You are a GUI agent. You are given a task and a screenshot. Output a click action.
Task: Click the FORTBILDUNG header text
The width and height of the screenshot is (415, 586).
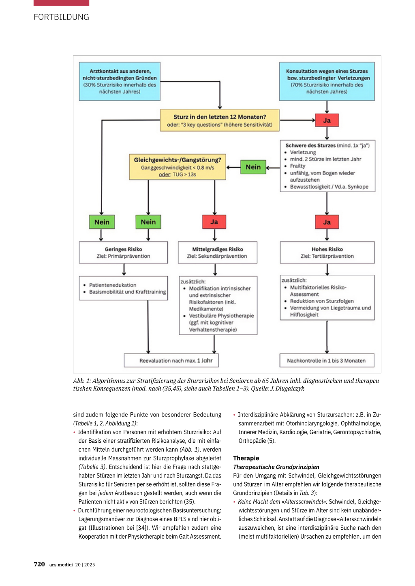click(x=61, y=17)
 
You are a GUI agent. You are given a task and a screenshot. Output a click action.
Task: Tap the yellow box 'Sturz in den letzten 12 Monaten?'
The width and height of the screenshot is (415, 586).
click(x=220, y=120)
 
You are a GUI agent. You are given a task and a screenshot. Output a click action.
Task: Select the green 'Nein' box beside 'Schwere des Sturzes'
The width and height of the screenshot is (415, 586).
click(x=253, y=167)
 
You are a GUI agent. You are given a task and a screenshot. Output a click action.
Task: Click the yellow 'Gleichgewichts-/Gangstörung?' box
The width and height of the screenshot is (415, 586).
click(x=178, y=167)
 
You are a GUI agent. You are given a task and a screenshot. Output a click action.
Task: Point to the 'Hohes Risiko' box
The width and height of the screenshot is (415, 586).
click(x=327, y=253)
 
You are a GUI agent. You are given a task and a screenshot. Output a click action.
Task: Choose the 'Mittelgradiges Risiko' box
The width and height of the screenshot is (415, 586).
click(x=217, y=253)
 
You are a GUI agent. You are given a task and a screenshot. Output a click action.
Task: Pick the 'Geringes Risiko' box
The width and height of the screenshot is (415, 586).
click(x=123, y=253)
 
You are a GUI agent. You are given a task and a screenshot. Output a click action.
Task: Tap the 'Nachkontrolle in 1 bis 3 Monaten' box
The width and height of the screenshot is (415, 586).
click(x=327, y=360)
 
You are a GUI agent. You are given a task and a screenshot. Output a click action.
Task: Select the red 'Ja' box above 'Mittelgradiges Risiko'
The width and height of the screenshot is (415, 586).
click(x=214, y=222)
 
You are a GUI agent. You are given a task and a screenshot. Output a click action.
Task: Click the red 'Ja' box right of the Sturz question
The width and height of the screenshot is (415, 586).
click(x=327, y=120)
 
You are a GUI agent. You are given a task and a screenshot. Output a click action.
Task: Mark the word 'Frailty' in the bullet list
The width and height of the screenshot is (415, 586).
click(x=297, y=166)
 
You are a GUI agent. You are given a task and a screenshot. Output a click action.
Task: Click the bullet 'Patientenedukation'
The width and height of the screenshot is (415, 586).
click(x=113, y=285)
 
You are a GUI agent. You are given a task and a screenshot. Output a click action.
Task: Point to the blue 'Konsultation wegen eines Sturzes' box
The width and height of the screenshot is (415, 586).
click(x=327, y=81)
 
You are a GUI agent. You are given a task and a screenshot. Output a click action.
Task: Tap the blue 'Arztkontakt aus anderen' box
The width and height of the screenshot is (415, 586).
click(x=120, y=81)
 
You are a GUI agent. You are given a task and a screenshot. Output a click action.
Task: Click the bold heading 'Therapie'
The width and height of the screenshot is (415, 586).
click(x=246, y=458)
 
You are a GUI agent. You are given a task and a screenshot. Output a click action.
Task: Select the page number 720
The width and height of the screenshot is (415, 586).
click(x=39, y=564)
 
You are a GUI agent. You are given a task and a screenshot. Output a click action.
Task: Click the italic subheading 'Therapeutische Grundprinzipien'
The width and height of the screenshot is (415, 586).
click(x=276, y=467)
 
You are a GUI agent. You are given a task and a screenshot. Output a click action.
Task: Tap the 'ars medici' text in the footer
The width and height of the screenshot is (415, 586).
click(x=61, y=565)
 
